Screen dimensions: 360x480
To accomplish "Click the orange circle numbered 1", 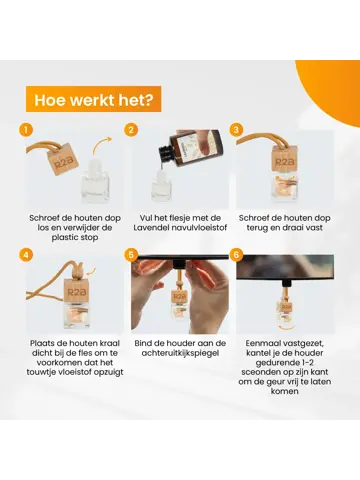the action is coord(26,130).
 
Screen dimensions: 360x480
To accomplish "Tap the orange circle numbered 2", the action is coord(131,130).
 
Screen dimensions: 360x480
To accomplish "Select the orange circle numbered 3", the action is coord(236,130).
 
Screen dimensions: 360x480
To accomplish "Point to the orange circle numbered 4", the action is coord(26,255).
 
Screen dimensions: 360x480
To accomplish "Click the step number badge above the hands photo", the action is coord(131,255).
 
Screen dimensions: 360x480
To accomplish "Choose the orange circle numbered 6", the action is coord(236,255).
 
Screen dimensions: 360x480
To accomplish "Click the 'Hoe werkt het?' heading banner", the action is coord(94,99).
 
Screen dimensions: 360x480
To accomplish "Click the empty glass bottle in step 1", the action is coord(95,181).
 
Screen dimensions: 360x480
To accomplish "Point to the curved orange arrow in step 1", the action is coord(102,145).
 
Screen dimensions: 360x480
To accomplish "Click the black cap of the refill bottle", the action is coord(166,151).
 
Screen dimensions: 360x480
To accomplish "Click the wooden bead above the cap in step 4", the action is coord(78,268).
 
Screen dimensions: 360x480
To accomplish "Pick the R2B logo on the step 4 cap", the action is coord(77,292).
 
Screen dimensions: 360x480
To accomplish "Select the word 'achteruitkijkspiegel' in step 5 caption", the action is coord(180,353).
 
